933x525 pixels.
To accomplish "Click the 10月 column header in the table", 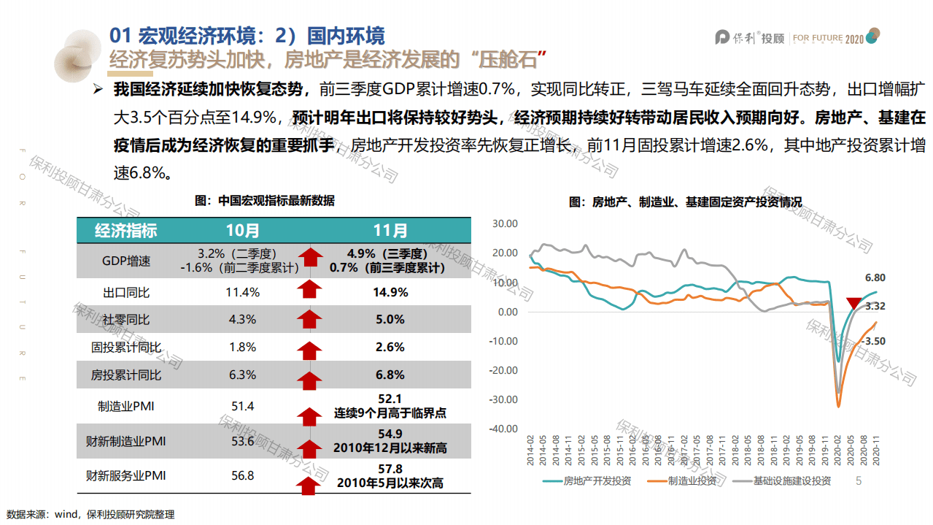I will click(242, 231).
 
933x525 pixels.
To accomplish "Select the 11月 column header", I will click(390, 231).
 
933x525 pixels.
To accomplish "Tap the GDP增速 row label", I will click(126, 261).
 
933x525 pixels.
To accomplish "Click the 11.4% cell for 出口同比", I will click(242, 292).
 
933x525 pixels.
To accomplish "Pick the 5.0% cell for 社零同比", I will click(390, 319).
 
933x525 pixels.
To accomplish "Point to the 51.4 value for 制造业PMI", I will click(242, 406).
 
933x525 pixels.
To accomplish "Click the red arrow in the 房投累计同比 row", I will click(310, 376).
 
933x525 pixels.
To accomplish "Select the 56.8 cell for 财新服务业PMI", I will click(242, 476).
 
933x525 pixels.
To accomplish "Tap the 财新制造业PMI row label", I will click(126, 441).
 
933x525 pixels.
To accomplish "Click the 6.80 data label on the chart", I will click(875, 277).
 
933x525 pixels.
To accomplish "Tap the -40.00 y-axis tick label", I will click(503, 429).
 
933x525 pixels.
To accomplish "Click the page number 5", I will click(859, 480).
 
